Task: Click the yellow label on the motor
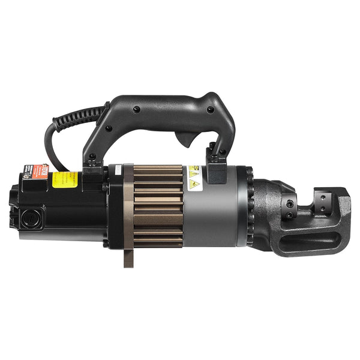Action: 65,179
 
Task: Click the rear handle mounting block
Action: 93,174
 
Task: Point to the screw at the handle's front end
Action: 210,110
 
